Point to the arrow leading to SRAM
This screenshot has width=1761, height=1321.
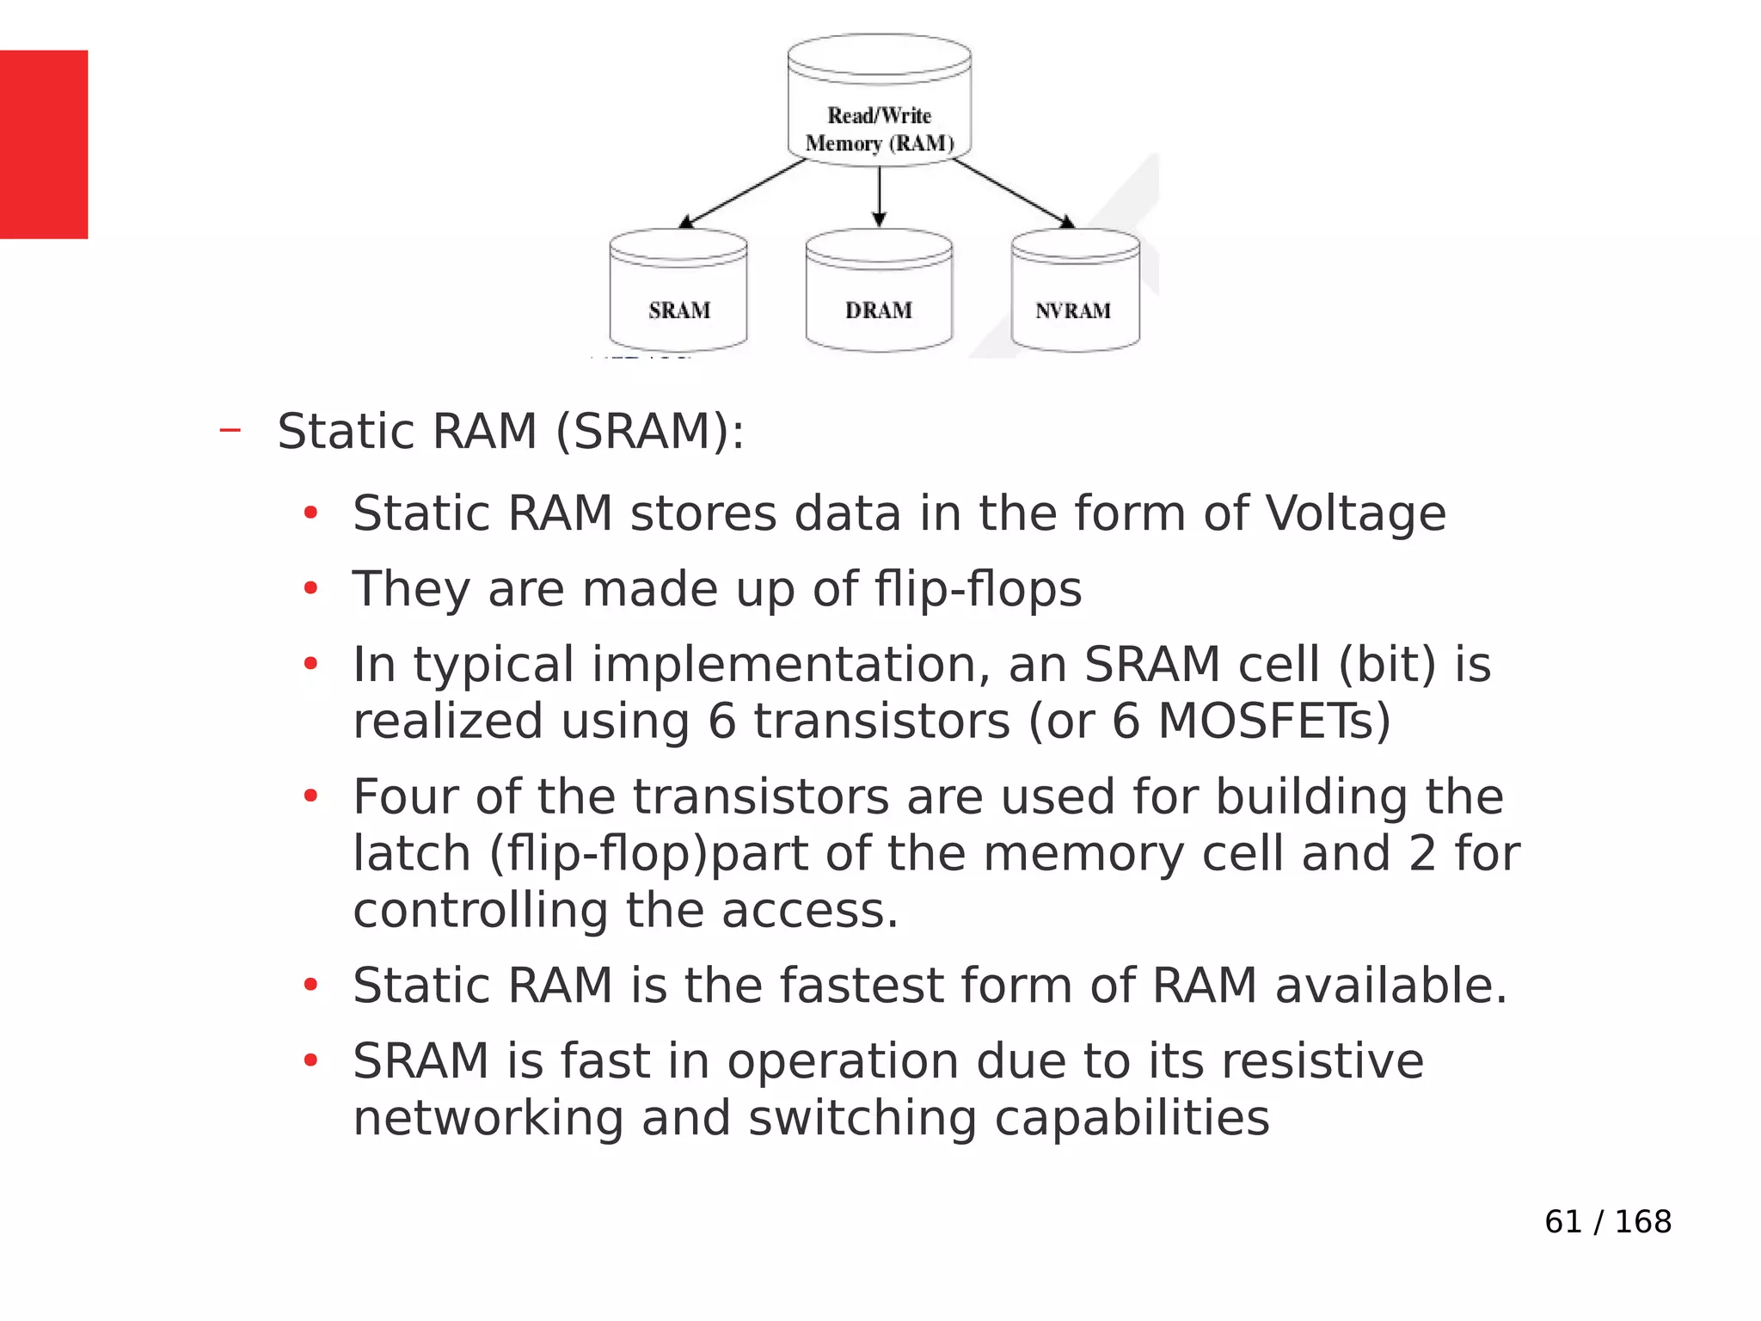743,194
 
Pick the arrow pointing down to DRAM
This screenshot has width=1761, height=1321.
879,197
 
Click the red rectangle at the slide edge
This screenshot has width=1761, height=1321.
44,144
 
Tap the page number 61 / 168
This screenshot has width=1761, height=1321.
1607,1221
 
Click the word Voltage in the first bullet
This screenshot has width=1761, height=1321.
1355,514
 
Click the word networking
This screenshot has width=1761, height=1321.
488,1118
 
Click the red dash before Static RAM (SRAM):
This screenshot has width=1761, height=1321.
230,430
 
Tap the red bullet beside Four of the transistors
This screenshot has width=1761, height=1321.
310,796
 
